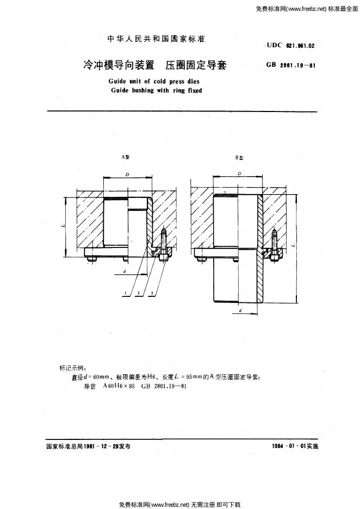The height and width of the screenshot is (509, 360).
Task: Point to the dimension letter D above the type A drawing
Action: click(x=127, y=175)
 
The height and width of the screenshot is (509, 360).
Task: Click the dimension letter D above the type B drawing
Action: click(x=239, y=173)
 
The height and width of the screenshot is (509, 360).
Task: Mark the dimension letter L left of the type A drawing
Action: click(x=63, y=226)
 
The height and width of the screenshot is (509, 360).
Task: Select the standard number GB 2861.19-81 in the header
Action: click(x=290, y=65)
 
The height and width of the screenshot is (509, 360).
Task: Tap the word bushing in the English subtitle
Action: click(x=142, y=90)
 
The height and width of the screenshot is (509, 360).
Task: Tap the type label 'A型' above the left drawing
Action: click(x=126, y=157)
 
